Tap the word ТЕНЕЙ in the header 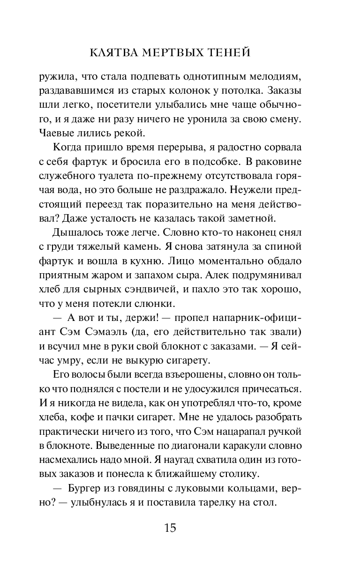click(x=229, y=53)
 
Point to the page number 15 click(x=170, y=528)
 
